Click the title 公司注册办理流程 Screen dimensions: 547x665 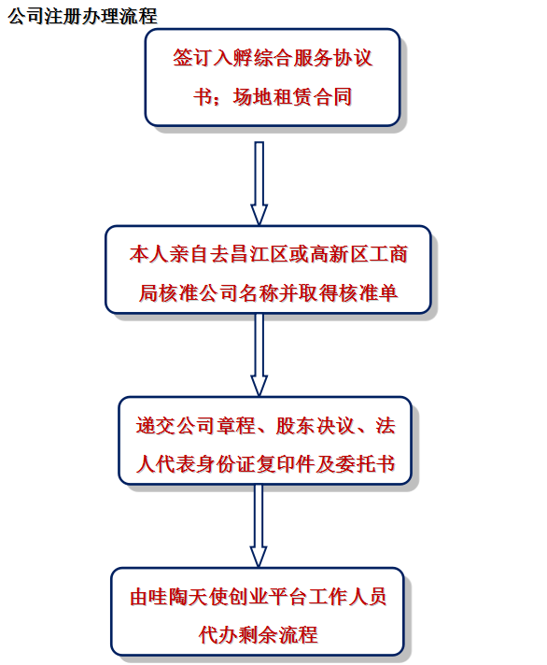click(83, 16)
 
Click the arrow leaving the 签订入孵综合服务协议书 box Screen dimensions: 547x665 click(259, 183)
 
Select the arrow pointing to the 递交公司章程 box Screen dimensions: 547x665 click(259, 355)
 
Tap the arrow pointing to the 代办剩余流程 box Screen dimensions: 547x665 click(259, 526)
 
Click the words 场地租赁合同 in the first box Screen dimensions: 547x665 click(292, 97)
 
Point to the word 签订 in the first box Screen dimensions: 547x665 click(192, 58)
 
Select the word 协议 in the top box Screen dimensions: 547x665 click(353, 58)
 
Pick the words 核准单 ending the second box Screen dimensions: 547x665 click(368, 292)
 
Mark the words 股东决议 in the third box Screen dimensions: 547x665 click(315, 426)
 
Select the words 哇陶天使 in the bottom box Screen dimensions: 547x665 click(189, 597)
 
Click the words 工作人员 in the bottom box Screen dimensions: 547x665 click(348, 597)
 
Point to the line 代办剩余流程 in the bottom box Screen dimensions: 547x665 click(259, 635)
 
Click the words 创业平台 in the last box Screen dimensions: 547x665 click(268, 597)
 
